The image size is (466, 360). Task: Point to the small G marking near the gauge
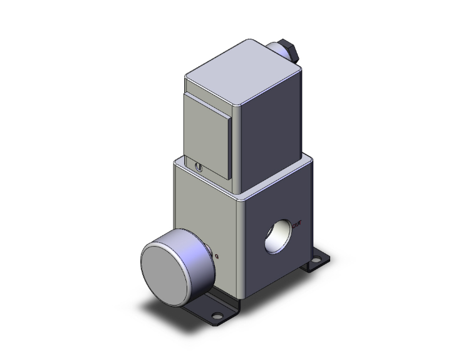coord(217,255)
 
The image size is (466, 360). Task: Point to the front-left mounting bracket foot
coord(216,310)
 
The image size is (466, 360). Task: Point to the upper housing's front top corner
coord(187,78)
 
